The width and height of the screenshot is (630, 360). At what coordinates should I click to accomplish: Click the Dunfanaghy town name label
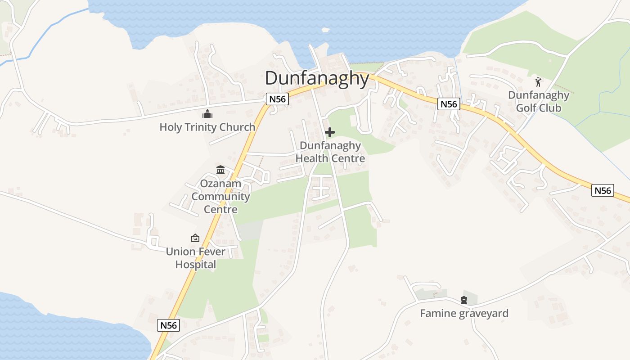317,78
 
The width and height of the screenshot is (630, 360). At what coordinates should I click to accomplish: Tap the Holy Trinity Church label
207,127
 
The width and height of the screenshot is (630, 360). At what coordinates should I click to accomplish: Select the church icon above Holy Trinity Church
207,114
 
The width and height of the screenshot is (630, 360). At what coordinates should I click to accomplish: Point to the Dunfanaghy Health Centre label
330,152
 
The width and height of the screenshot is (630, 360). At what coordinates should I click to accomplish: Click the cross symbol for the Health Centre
330,132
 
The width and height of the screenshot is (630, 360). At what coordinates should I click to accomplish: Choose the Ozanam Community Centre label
220,196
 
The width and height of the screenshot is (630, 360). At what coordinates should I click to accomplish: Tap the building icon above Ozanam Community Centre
220,170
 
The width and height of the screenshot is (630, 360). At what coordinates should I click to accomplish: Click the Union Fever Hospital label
196,258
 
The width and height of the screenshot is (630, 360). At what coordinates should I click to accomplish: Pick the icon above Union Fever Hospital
195,238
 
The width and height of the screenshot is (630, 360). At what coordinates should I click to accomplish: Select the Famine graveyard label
464,313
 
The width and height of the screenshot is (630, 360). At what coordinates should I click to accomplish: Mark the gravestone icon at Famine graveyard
464,300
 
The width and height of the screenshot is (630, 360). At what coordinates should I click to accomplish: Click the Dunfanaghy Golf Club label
539,101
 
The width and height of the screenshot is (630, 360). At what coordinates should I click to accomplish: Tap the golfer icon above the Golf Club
538,82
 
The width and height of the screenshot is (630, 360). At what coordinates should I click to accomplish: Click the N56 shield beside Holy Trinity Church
277,99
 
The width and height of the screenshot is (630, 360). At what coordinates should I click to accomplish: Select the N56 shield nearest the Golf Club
449,104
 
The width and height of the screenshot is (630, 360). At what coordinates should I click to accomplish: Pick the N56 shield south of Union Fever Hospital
169,325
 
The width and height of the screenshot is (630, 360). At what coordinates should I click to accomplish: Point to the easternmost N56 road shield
603,190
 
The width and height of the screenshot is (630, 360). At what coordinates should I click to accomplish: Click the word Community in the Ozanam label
220,197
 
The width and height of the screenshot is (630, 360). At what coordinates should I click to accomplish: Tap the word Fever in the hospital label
208,252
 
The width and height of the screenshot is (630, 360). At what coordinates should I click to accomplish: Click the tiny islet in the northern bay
325,30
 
